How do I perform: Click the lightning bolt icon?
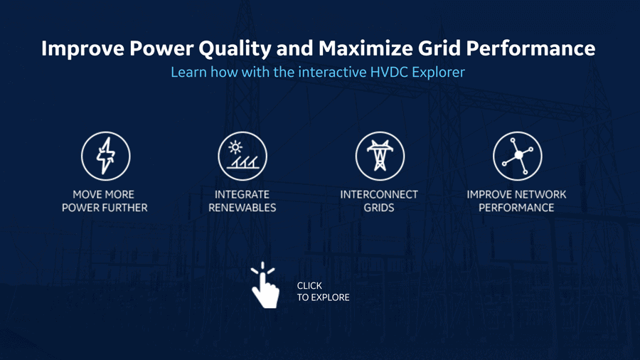106,156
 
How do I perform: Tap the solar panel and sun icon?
242,156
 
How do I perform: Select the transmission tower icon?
380,156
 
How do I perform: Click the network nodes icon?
518,156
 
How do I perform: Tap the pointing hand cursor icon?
265,286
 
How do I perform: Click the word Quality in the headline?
235,48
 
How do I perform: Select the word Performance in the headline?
530,48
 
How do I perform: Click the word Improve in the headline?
83,48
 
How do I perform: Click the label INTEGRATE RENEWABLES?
242,201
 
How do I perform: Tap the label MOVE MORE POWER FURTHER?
105,201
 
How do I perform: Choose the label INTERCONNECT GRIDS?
379,201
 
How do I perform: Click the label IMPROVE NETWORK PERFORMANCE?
517,201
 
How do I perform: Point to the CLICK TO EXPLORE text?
323,292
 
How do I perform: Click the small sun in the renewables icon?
235,147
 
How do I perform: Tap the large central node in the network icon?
518,155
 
